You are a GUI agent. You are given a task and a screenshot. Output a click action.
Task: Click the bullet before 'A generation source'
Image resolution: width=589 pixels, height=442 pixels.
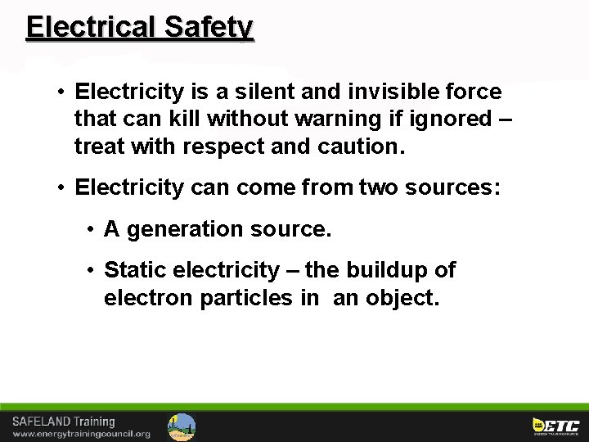pyautogui.click(x=91, y=229)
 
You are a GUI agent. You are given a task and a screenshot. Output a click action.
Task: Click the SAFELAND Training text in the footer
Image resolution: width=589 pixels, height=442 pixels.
pyautogui.click(x=63, y=422)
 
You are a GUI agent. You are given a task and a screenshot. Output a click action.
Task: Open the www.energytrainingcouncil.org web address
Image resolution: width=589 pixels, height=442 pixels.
pyautogui.click(x=81, y=434)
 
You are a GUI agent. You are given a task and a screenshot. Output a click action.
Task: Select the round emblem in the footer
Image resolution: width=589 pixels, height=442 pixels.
pyautogui.click(x=182, y=426)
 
